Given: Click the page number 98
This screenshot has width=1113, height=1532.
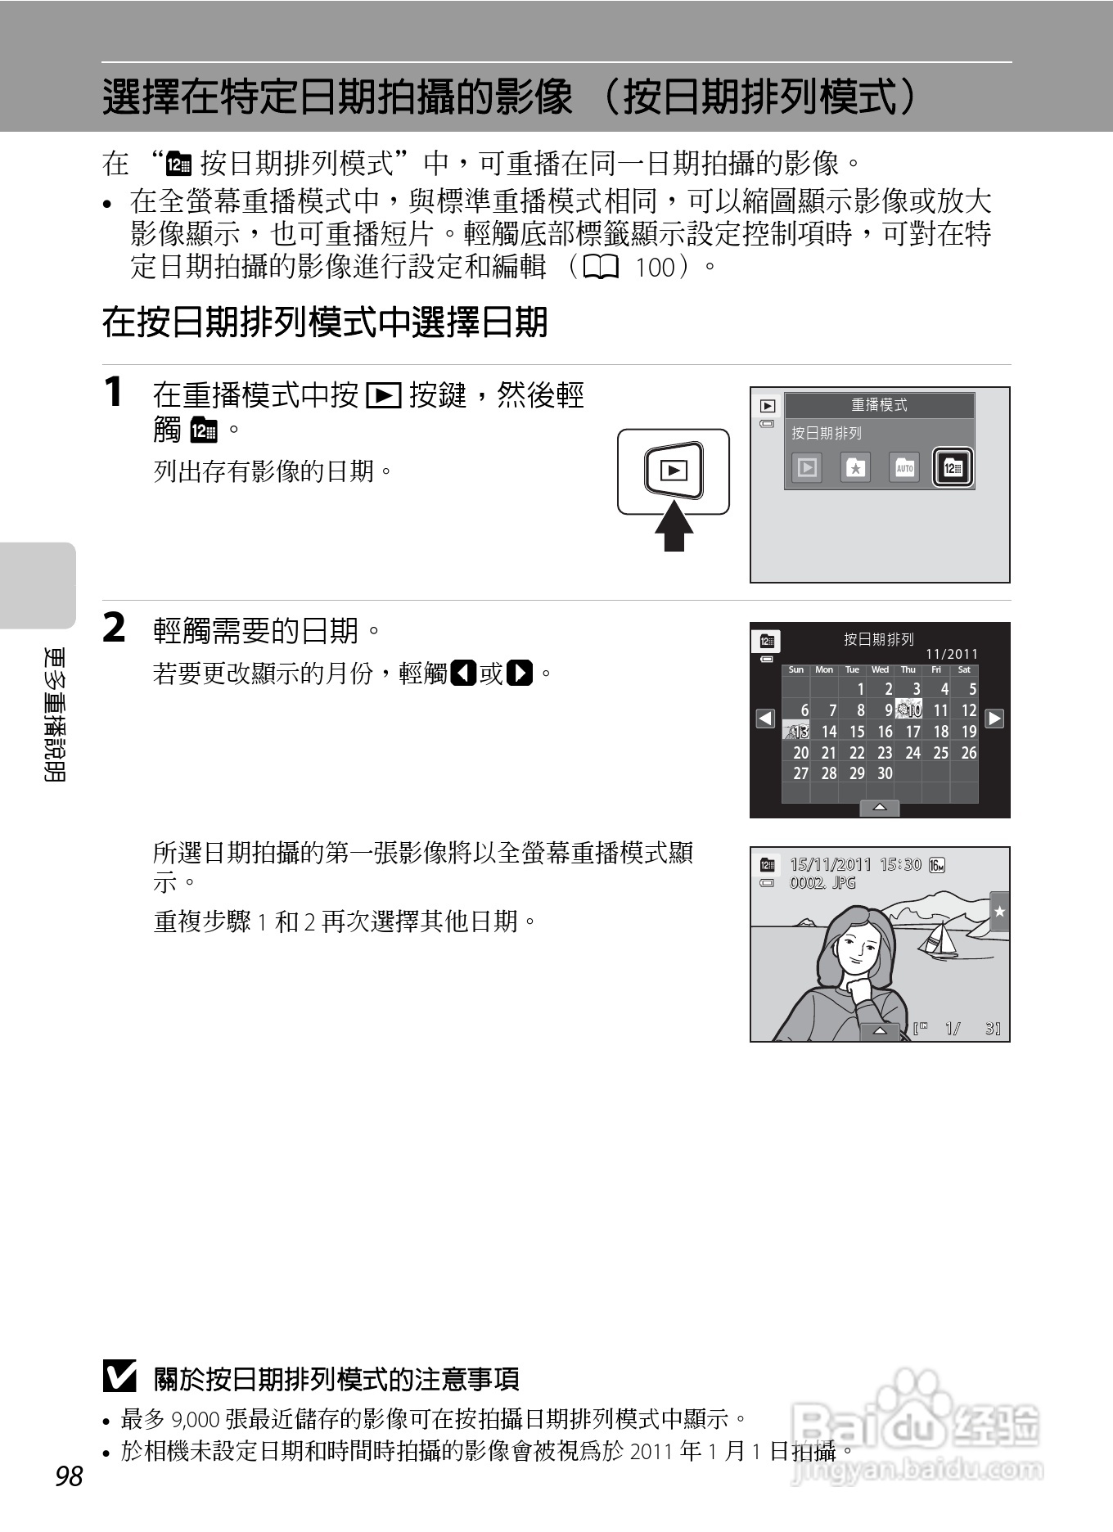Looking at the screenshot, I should tap(69, 1476).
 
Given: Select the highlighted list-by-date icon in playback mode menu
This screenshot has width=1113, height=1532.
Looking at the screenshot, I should tap(953, 468).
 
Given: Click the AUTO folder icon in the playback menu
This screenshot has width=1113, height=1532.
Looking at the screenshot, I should tap(903, 468).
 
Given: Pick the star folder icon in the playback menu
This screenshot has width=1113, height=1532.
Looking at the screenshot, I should tap(855, 468).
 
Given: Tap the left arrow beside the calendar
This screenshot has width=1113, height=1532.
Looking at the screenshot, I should tap(765, 719).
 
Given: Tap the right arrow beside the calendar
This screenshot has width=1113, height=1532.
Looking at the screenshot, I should tap(994, 719).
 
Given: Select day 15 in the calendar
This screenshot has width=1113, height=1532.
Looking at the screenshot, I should tap(856, 732).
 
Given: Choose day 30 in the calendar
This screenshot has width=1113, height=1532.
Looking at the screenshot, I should tap(884, 773).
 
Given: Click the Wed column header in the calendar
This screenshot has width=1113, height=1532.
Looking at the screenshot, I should tap(880, 669).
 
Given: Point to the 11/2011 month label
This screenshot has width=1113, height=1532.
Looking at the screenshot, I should tap(951, 654).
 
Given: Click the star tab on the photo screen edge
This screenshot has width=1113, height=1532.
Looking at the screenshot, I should tap(999, 911).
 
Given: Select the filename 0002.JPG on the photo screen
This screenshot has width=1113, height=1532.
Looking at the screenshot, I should tap(822, 883).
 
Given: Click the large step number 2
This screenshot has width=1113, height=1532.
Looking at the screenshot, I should tap(115, 629).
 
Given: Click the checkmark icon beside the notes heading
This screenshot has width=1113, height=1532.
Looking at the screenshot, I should tap(119, 1378).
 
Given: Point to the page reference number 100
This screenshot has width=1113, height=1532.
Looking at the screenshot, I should tap(655, 268).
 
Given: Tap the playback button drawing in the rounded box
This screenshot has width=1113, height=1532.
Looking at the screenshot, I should tap(674, 471).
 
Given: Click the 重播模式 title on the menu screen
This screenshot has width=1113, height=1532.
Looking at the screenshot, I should tap(879, 405).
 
